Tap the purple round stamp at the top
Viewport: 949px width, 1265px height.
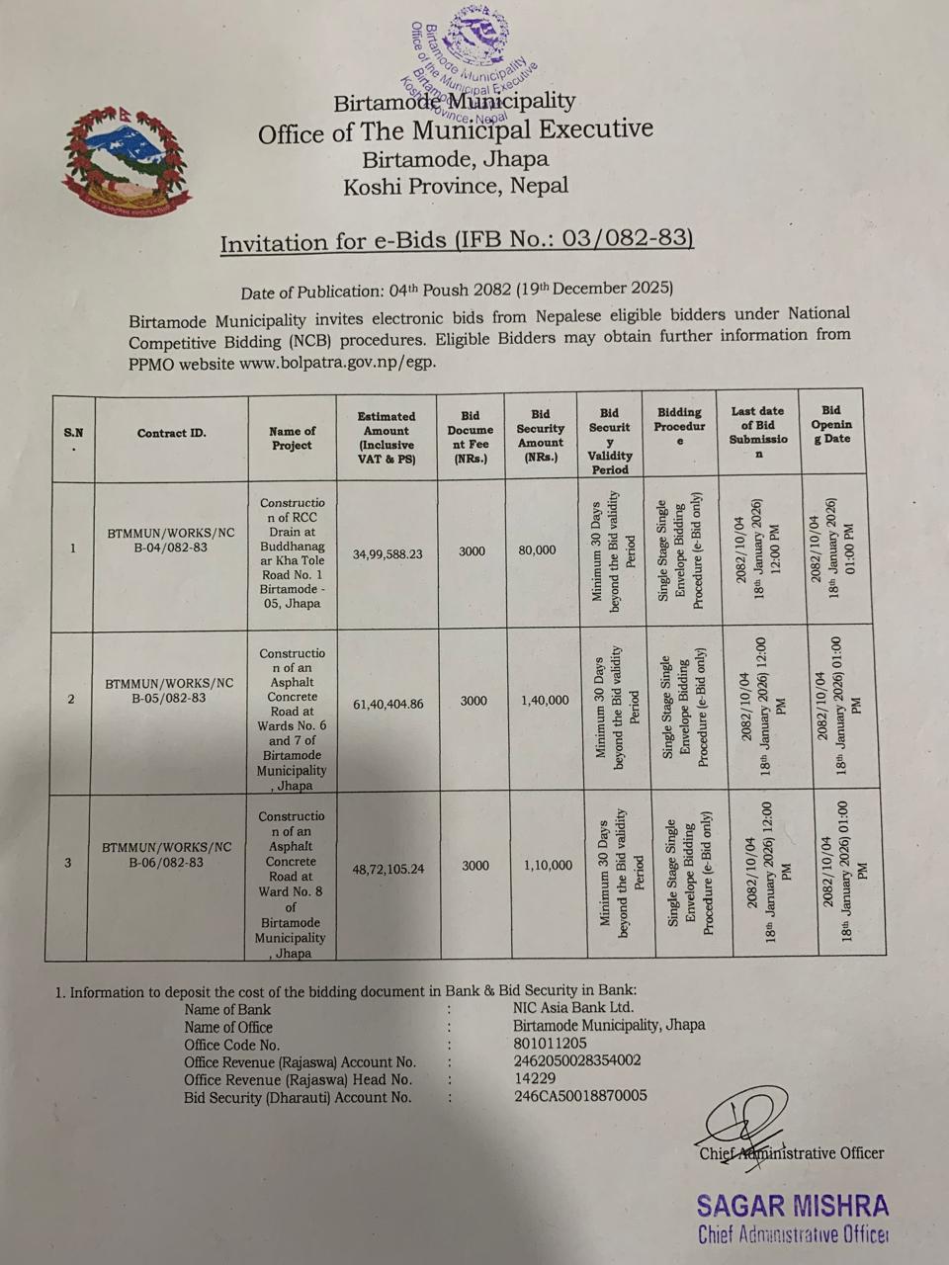[473, 64]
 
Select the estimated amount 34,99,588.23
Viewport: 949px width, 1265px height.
[388, 554]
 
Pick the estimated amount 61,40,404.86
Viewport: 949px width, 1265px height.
[388, 705]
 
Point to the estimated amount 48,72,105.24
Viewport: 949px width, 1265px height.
[388, 869]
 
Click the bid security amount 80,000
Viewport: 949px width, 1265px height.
[537, 549]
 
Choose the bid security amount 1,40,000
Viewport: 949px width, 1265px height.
[544, 700]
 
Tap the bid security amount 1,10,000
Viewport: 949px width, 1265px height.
[548, 865]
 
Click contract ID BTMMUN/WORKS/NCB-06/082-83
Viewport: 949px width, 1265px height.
[167, 854]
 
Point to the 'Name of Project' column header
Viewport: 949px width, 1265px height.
[292, 438]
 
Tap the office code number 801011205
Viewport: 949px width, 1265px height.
[550, 1044]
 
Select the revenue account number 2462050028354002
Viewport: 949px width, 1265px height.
[577, 1060]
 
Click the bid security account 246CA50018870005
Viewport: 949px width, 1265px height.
[580, 1095]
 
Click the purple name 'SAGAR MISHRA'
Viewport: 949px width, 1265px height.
[792, 1206]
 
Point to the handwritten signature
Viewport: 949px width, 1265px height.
[742, 1124]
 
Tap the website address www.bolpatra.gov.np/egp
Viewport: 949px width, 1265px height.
[337, 363]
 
